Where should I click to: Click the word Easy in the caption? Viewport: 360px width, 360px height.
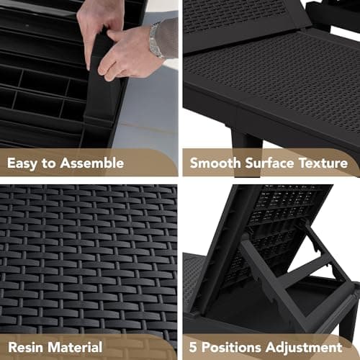coord(22,163)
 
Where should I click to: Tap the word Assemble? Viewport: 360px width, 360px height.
coord(92,163)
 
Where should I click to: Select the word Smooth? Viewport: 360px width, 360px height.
coord(215,163)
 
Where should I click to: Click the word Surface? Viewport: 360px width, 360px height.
coord(269,163)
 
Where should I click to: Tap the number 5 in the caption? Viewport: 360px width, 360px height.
coord(193,347)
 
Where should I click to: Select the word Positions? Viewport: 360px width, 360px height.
coord(231,347)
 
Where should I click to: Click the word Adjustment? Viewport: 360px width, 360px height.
coord(304,347)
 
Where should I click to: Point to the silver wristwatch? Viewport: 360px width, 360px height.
coord(156,40)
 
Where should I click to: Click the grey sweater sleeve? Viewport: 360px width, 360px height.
coord(167,38)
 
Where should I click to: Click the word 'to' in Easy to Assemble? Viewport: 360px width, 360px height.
coord(48,163)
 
